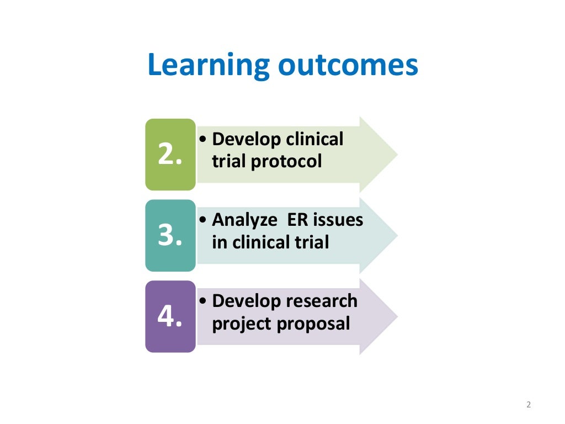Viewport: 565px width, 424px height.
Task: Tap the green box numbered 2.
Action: pyautogui.click(x=170, y=155)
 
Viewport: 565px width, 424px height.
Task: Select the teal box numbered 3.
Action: pyautogui.click(x=170, y=236)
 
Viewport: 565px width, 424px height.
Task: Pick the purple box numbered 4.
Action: pyautogui.click(x=170, y=316)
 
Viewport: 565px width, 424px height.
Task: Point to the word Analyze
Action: pyautogui.click(x=244, y=220)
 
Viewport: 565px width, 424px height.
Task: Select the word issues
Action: pyautogui.click(x=338, y=220)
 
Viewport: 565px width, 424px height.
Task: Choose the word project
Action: pyautogui.click(x=242, y=323)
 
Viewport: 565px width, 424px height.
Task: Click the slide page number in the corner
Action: pyautogui.click(x=528, y=405)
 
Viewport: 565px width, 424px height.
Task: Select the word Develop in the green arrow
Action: pyautogui.click(x=247, y=140)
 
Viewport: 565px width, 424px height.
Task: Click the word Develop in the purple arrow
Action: pyautogui.click(x=247, y=301)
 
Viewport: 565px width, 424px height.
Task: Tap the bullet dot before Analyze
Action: pyautogui.click(x=204, y=220)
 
